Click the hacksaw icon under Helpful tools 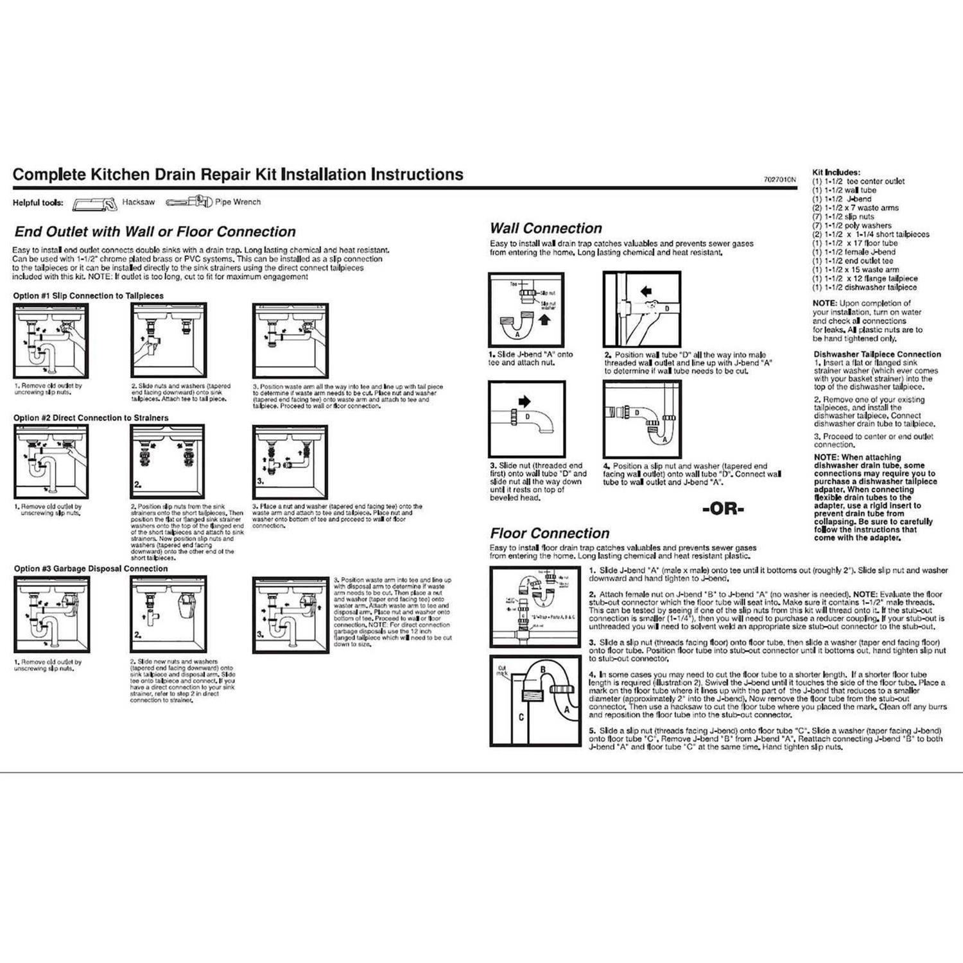pyautogui.click(x=94, y=203)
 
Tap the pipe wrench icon pyautogui.click(x=188, y=202)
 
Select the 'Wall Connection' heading pyautogui.click(x=546, y=229)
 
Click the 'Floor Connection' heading pyautogui.click(x=550, y=534)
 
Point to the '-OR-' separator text pyautogui.click(x=723, y=510)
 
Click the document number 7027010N pyautogui.click(x=779, y=180)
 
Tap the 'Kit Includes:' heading pyautogui.click(x=836, y=173)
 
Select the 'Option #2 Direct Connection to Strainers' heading pyautogui.click(x=91, y=418)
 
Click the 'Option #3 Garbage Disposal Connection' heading pyautogui.click(x=91, y=569)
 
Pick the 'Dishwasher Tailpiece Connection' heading pyautogui.click(x=877, y=354)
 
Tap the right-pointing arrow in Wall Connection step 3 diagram pyautogui.click(x=525, y=402)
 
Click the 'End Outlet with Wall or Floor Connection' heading pyautogui.click(x=155, y=232)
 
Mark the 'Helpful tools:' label pyautogui.click(x=38, y=203)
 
